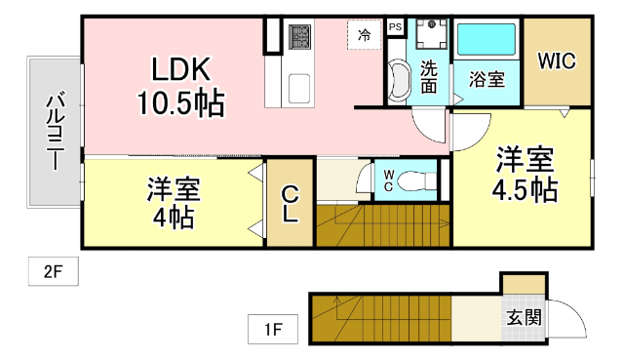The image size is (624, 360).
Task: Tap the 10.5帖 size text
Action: point(179,100)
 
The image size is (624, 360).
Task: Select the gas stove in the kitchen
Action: point(299,38)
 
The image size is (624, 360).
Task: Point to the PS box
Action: point(395,27)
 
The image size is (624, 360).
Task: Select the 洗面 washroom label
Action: point(429,77)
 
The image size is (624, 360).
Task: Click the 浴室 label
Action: point(486,79)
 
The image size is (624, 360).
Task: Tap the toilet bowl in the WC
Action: point(420,180)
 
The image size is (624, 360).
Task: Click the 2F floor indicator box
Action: point(52,272)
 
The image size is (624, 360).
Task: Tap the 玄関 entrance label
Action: point(524,317)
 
